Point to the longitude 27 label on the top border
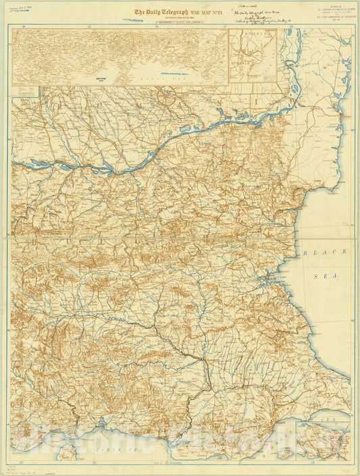click(224, 26)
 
